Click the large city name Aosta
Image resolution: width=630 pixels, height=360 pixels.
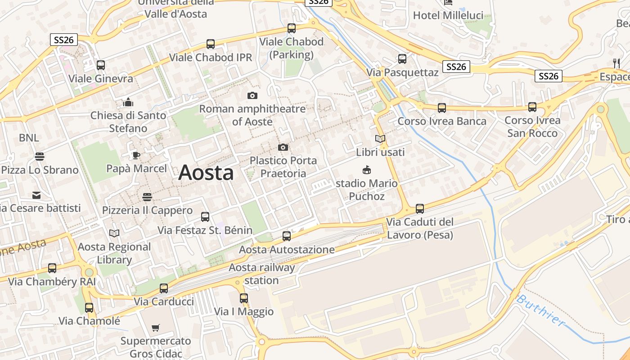point(206,173)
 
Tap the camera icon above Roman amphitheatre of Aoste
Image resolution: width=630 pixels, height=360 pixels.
point(252,95)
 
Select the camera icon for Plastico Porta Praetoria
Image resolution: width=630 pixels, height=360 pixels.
point(283,147)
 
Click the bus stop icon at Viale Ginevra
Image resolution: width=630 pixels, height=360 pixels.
point(101,65)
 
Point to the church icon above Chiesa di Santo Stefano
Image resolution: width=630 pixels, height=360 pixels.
point(128,102)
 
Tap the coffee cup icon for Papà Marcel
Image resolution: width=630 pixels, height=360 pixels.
point(136,156)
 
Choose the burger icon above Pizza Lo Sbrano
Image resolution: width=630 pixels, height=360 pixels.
point(40,157)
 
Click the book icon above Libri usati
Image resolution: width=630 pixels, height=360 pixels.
point(380,139)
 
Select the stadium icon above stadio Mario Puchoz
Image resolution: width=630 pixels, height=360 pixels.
point(367,170)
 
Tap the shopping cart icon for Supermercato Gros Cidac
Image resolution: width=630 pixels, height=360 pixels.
point(156,328)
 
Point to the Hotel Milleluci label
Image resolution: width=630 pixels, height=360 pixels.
point(448,15)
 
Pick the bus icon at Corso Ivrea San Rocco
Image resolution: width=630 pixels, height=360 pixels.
point(532,107)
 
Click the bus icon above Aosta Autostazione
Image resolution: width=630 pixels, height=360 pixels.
point(287,236)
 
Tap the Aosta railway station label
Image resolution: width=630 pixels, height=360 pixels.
point(262,274)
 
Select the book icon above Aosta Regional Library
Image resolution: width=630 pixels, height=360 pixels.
point(114,233)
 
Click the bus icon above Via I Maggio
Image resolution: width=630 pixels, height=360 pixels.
point(244,298)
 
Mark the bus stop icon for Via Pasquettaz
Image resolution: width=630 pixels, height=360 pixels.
point(402,58)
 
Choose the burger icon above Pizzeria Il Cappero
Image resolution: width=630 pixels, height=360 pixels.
point(147,197)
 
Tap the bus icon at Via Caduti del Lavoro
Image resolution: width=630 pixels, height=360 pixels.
point(420,208)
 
